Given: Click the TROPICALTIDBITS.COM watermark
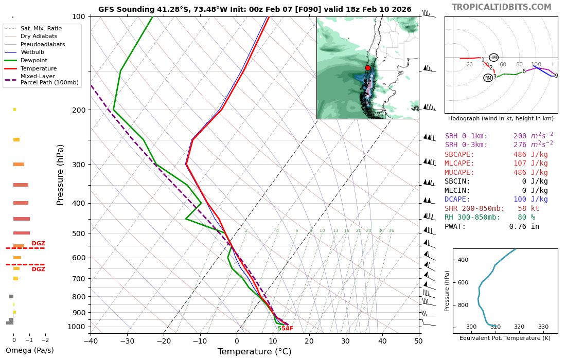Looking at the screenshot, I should (501, 7).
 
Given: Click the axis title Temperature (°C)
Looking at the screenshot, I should (254, 352).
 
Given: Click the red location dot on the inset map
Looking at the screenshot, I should (367, 68).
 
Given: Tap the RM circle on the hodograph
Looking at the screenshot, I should (488, 78).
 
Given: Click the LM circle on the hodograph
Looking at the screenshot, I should (494, 57).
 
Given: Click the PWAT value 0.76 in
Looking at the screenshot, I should (524, 226).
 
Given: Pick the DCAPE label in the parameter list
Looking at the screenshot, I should (457, 199).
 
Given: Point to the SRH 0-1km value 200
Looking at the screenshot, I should (523, 136).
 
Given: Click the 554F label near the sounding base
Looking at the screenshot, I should (285, 328).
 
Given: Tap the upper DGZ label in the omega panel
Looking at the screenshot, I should (38, 243).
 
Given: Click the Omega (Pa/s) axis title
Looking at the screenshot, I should (29, 351).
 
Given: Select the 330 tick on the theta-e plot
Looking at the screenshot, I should (543, 327).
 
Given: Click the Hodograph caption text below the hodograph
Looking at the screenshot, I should (501, 118).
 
